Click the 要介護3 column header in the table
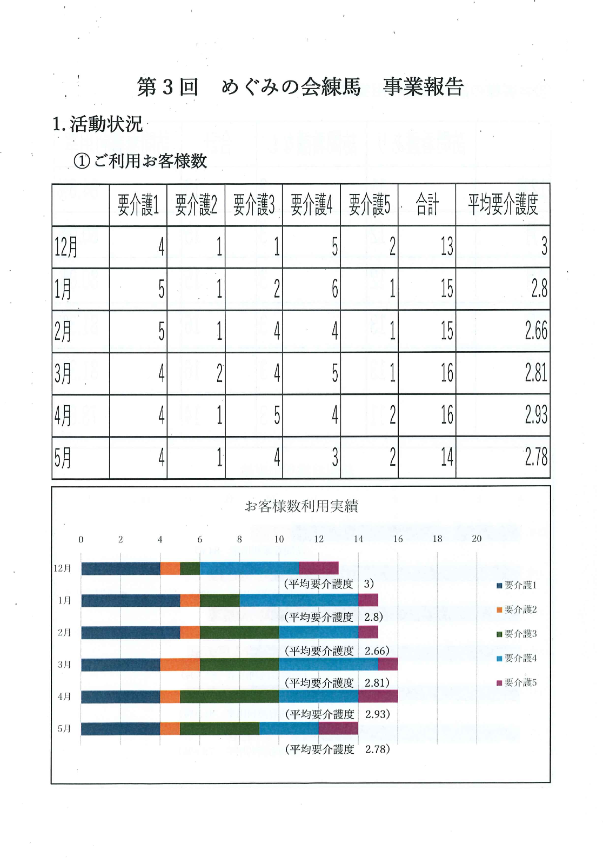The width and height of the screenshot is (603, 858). coord(254,205)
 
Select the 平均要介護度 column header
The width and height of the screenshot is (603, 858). coord(502,205)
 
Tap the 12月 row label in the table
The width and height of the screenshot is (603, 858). coord(66,247)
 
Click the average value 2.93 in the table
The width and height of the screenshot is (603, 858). coord(535,415)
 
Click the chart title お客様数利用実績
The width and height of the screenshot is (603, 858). coord(301,506)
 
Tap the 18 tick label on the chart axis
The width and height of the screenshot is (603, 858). coord(437,539)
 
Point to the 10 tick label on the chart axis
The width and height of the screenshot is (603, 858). coord(279,539)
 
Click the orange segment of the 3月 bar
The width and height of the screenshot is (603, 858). coord(180,665)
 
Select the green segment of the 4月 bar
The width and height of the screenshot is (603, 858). coord(229,696)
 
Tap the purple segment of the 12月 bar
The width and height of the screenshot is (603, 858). coord(318,568)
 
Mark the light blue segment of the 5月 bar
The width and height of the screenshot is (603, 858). coord(289,728)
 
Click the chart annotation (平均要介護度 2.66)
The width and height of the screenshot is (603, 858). coord(337,651)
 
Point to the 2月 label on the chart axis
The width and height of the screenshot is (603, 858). coord(64,632)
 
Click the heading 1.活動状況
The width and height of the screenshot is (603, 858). coord(98,124)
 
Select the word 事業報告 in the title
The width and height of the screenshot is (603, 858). coord(423,86)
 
